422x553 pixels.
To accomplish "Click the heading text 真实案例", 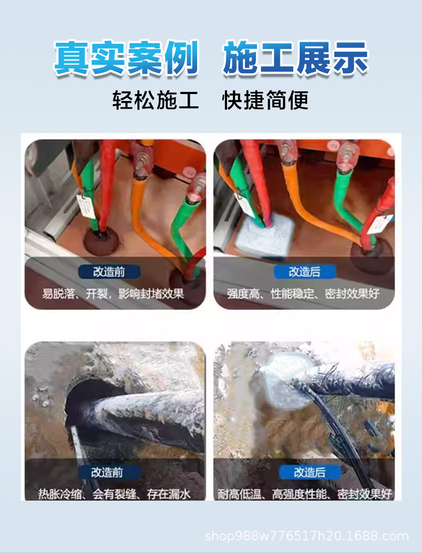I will (126, 58).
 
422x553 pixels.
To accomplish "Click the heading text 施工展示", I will (295, 58).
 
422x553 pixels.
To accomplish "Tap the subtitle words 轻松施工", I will (155, 100).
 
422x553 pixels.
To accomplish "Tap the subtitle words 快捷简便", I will (265, 100).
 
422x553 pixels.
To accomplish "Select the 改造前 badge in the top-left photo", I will (109, 271).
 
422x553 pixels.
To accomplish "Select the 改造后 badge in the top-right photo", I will (304, 271).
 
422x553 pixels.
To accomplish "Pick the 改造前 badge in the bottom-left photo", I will (107, 472).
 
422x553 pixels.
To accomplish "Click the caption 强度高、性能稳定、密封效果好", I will (303, 293).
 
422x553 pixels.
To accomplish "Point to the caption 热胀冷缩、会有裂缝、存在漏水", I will (114, 494).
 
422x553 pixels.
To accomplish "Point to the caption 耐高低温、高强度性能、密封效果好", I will (304, 494).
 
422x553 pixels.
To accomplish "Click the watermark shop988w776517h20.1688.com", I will (307, 536).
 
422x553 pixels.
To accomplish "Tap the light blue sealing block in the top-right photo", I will (266, 235).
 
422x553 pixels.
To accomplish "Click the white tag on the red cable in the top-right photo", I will (381, 224).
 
